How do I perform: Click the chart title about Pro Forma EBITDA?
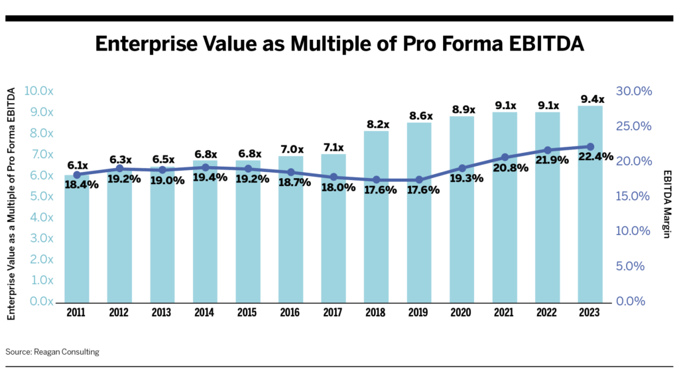[339, 44]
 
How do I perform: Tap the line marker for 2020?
[462, 168]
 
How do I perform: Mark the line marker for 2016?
[291, 172]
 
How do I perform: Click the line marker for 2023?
[590, 147]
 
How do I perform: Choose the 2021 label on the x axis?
[505, 312]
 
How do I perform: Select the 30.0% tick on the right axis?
[635, 91]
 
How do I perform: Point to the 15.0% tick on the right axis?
[635, 196]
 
